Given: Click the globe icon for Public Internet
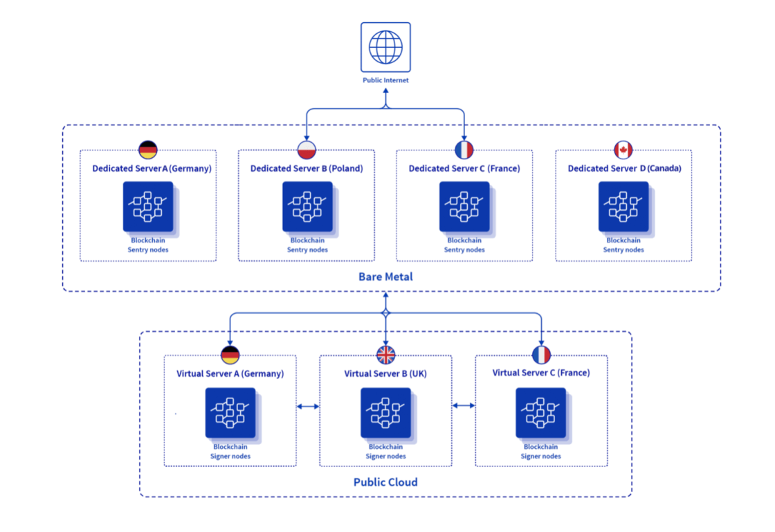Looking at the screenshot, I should [385, 47].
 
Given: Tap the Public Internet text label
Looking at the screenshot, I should [385, 80].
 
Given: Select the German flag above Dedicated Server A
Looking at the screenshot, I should [148, 150].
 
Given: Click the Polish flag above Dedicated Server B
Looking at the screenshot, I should [307, 150].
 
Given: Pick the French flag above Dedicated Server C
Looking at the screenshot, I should [464, 150].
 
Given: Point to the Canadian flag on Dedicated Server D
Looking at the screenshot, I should [623, 150].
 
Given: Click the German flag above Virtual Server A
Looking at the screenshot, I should [230, 355].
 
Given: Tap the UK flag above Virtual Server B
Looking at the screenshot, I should [385, 355].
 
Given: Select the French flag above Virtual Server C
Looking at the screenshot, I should [541, 355].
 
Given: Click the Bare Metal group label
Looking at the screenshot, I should [385, 276].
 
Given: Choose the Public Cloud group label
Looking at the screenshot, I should [385, 482].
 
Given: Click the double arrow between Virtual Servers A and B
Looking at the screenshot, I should [308, 407].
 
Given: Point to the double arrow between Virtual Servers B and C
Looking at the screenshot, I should [464, 405].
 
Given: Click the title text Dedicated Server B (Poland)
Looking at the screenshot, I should [307, 168].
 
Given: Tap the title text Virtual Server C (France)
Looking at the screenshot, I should [541, 373].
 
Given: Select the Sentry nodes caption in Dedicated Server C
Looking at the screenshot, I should [464, 250].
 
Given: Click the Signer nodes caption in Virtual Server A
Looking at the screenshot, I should [230, 456].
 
